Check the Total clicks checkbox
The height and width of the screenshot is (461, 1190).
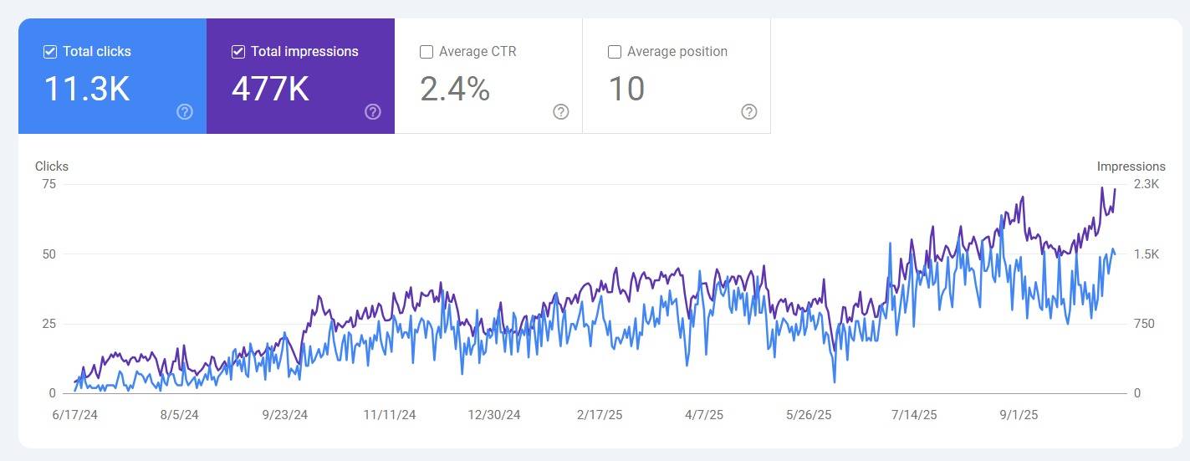[x=50, y=52]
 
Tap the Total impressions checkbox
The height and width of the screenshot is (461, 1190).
[x=238, y=52]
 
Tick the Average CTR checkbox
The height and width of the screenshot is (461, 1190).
[x=426, y=52]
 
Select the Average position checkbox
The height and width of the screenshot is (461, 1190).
[x=615, y=52]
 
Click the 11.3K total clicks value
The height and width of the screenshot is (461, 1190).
[x=86, y=89]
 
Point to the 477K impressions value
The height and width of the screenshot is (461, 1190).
[x=270, y=89]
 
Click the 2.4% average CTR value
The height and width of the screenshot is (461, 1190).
[x=455, y=89]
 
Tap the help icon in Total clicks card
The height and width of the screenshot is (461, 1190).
[x=185, y=112]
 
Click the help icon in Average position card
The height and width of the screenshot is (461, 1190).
[x=749, y=112]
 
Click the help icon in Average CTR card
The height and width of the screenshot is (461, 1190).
[x=561, y=112]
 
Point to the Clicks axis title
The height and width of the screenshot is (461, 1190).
[x=52, y=166]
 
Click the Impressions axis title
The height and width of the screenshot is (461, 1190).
[x=1131, y=166]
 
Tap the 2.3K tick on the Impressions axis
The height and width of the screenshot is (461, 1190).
[x=1146, y=184]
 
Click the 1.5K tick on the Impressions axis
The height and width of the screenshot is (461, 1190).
[x=1146, y=254]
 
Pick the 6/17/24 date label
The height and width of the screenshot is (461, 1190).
[x=74, y=415]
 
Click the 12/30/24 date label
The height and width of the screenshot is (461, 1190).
[x=493, y=415]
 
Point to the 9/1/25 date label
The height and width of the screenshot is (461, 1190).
[x=1019, y=415]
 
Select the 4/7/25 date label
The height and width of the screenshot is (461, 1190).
[x=704, y=415]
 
